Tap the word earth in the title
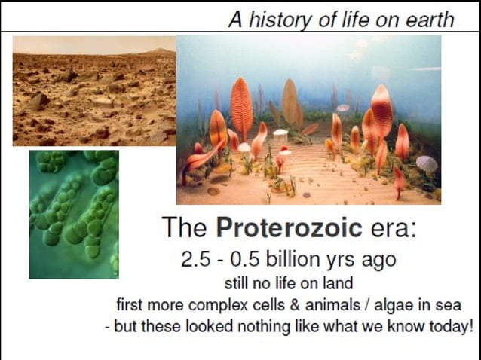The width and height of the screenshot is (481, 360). (x=430, y=20)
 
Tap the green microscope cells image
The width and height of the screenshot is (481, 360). (x=74, y=215)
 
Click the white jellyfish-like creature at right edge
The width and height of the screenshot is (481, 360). (x=427, y=163)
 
